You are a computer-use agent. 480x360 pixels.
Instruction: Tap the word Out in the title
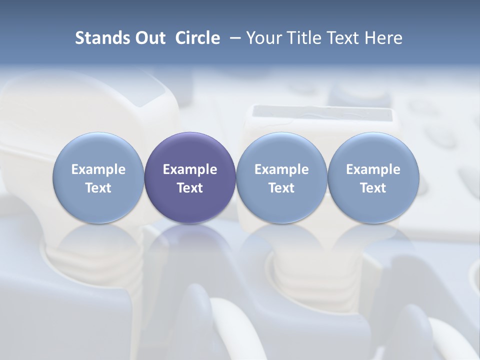[148, 38]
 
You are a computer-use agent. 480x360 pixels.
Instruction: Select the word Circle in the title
[197, 38]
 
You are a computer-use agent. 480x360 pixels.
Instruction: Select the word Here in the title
[384, 38]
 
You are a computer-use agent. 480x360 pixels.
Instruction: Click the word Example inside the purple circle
[190, 169]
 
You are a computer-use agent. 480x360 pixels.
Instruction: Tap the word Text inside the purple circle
[190, 188]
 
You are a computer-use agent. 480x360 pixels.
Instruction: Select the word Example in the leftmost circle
[98, 169]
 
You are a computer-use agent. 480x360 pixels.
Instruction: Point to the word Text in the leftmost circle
[98, 188]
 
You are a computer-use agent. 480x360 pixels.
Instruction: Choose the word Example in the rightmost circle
[373, 169]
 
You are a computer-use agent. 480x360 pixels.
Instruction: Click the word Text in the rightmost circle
[373, 188]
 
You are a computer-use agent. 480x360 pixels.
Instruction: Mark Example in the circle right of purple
[281, 169]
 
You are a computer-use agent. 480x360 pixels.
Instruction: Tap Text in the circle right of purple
[281, 188]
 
